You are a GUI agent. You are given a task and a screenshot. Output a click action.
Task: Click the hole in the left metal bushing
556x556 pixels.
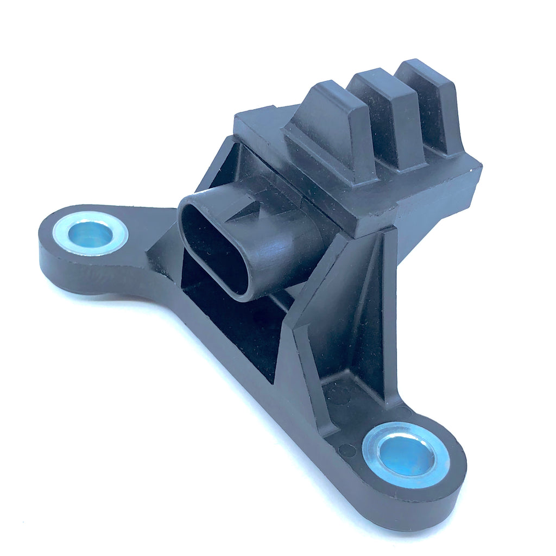click(x=90, y=235)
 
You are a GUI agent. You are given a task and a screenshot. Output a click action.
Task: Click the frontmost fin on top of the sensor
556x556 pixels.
click(x=331, y=130)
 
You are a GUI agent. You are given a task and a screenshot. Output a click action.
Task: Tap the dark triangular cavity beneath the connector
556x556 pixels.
click(x=228, y=326)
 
